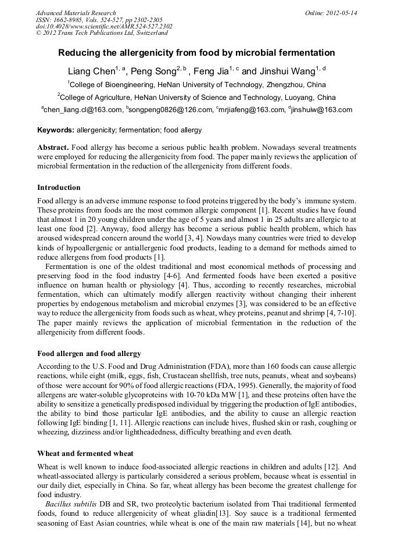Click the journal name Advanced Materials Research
pos(76,13)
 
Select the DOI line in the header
pos(104,26)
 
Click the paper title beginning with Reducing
pos(196,53)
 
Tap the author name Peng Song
pos(152,72)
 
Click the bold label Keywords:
pos(56,130)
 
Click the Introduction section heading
pos(59,188)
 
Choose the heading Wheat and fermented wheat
pos(85,453)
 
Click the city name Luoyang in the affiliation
pos(300,97)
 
